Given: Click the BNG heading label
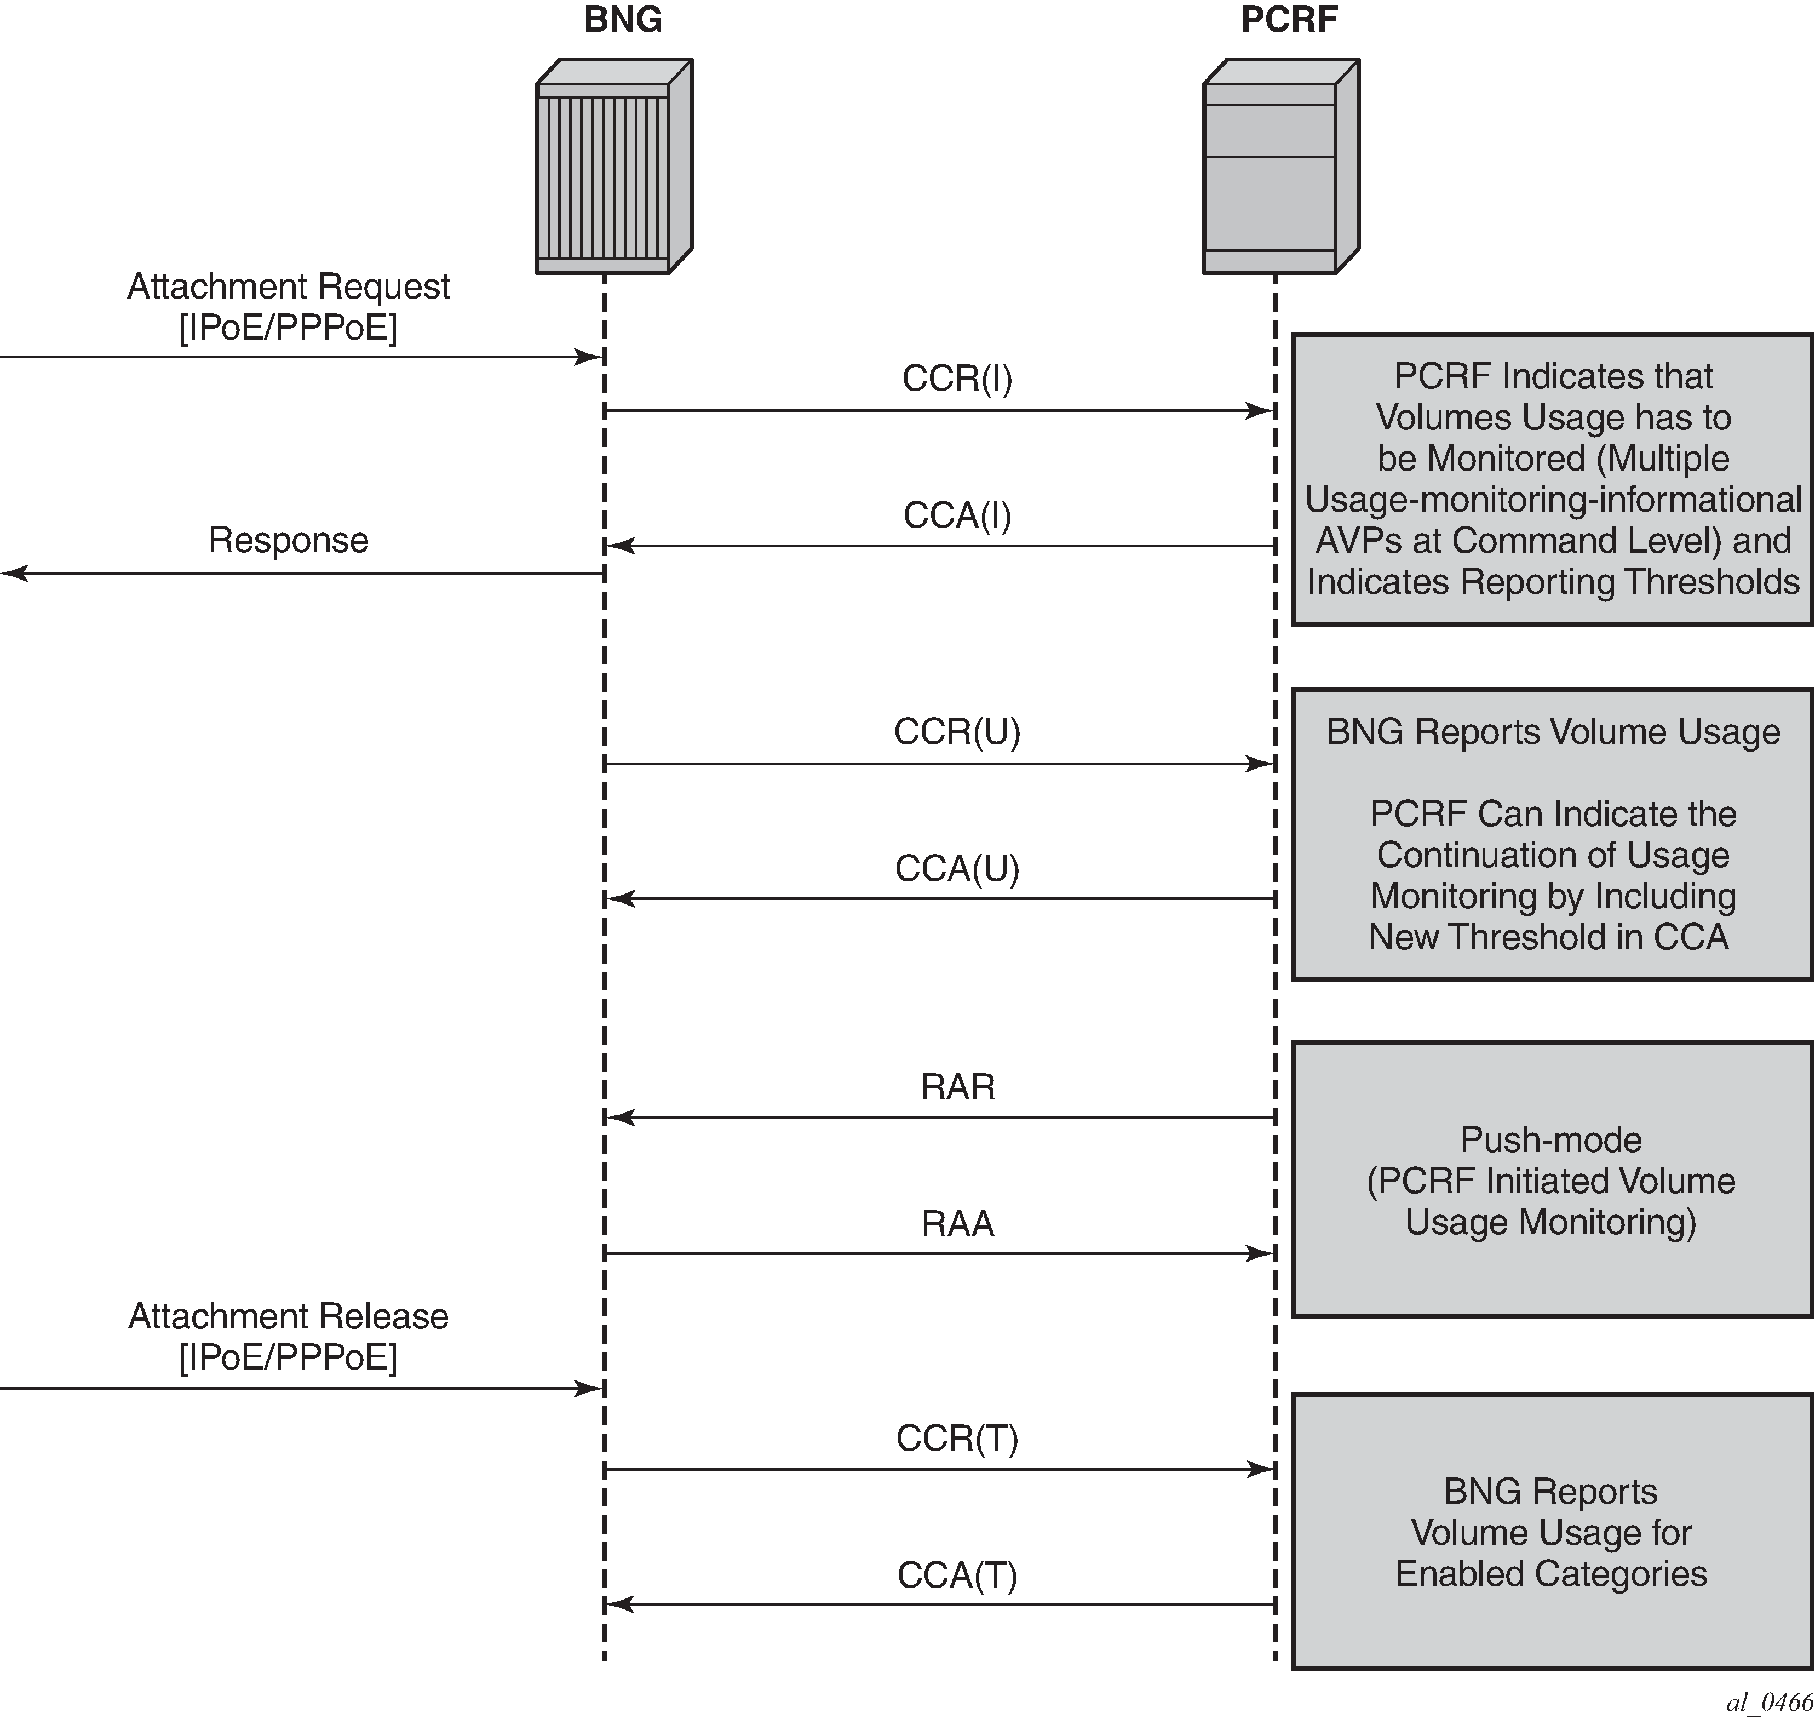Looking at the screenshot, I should pos(623,20).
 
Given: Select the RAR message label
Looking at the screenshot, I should pos(957,1087).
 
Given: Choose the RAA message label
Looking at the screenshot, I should pos(957,1223).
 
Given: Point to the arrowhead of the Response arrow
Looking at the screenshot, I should pos(13,574).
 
